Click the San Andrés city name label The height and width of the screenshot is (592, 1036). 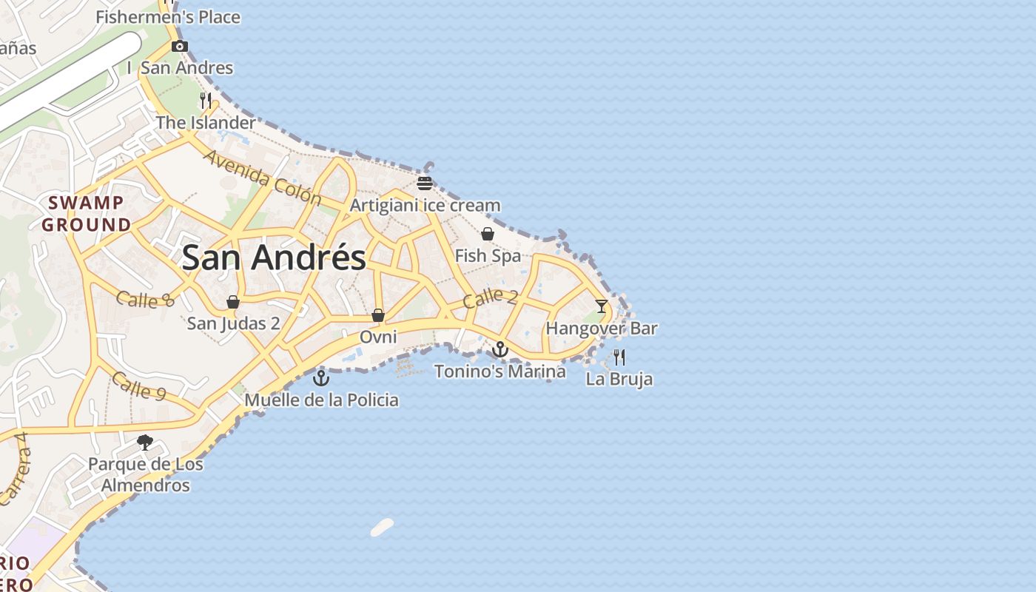274,258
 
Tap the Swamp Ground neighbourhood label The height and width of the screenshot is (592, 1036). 87,213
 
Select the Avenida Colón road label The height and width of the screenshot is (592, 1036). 262,178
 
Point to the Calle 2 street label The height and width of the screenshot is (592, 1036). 491,298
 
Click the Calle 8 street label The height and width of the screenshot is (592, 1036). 145,300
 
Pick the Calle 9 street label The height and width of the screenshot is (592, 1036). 138,386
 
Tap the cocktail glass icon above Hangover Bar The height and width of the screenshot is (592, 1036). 602,306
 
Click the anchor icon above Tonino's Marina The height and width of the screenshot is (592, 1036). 501,349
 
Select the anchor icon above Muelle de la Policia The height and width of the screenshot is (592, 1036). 321,379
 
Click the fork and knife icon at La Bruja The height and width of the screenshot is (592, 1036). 619,357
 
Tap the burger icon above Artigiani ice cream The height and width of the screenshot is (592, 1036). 425,183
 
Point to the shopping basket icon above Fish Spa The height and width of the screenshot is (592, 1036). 488,235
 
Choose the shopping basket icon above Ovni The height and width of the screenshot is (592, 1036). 378,316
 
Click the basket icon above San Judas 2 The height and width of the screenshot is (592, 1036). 233,302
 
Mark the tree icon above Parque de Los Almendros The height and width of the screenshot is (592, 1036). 145,443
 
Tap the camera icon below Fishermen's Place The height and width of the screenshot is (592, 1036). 179,47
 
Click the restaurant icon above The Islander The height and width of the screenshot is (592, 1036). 206,101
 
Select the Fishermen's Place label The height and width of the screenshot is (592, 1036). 168,16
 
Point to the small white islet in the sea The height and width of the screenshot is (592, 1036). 382,528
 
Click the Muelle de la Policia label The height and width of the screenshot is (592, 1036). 321,400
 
